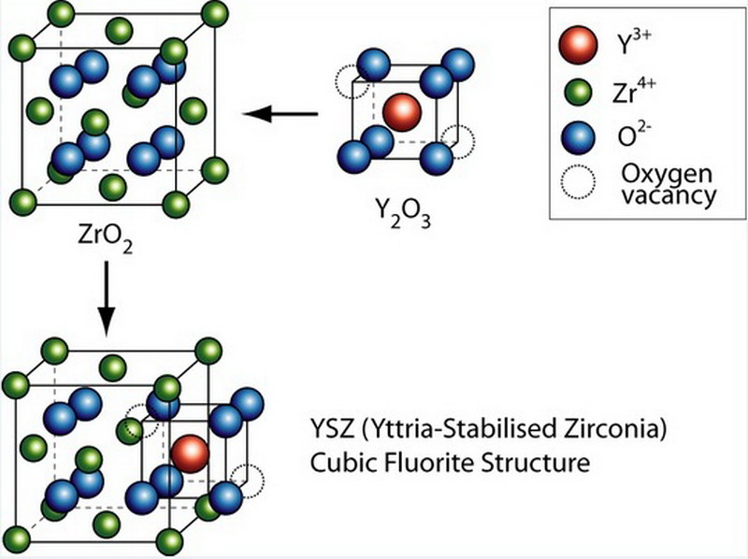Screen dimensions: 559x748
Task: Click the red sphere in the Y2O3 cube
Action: point(402,111)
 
